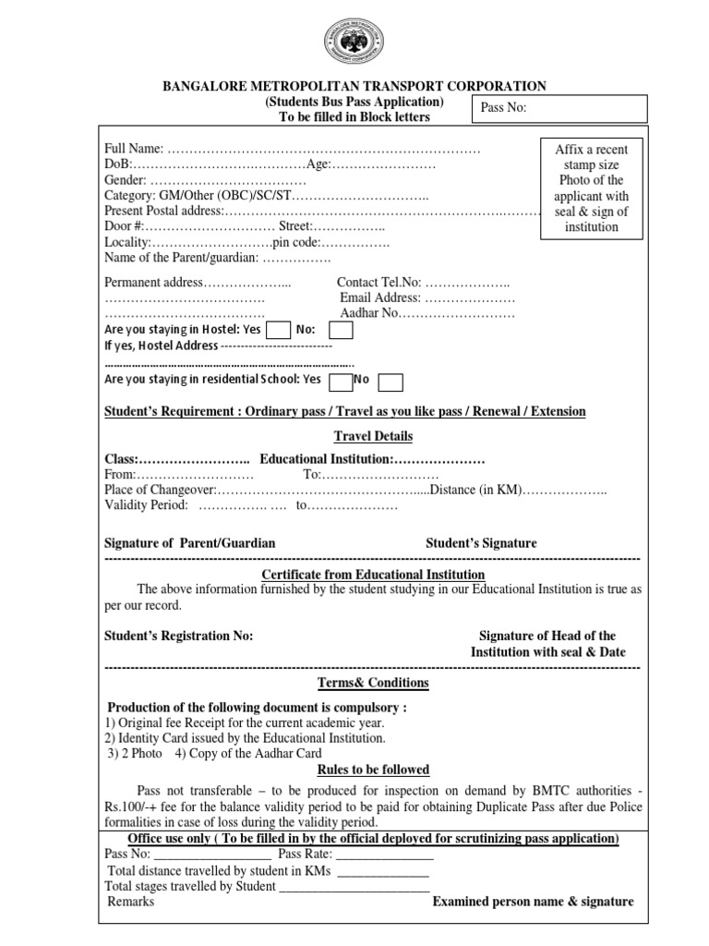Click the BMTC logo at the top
pos(354,44)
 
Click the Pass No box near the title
pos(560,108)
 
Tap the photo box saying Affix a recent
pos(591,188)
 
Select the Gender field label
pos(126,180)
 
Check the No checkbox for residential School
pos(391,381)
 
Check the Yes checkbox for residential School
pos(341,381)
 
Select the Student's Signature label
pos(481,543)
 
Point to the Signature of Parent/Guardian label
pos(190,543)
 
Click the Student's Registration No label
pos(178,636)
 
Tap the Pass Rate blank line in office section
pos(382,855)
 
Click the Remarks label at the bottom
pos(131,902)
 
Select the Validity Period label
pos(146,505)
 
